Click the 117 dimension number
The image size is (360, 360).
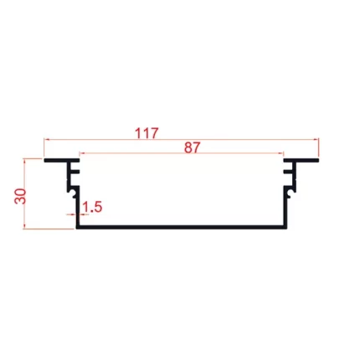[x=147, y=133]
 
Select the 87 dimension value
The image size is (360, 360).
[x=193, y=147]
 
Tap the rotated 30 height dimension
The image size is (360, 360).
[x=20, y=196]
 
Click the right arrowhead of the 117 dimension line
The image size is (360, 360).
[x=316, y=139]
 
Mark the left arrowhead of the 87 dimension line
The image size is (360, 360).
[x=82, y=153]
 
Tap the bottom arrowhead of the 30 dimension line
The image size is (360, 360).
[x=24, y=226]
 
